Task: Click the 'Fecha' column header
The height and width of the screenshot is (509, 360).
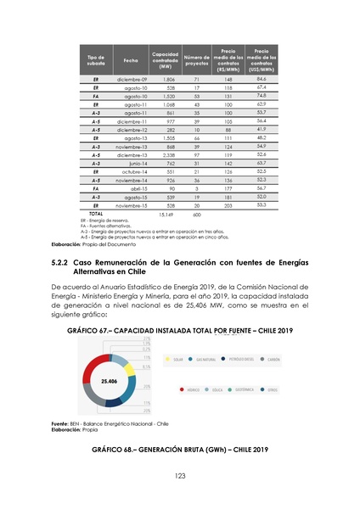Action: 130,58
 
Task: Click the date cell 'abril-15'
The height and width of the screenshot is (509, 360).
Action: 139,188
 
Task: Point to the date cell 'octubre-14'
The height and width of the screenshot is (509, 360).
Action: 135,172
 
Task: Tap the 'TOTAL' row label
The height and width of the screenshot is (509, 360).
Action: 96,213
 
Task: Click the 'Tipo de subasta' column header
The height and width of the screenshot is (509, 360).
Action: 95,58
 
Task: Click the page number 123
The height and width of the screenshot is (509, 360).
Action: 180,476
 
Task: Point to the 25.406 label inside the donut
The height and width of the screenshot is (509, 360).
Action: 110,382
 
